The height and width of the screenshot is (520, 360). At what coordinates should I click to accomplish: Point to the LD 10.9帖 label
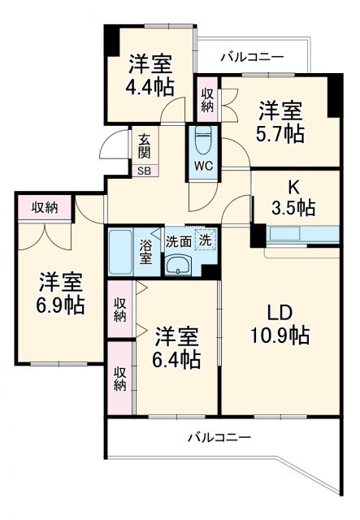point(286,323)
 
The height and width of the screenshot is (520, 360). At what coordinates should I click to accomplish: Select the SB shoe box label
point(143,171)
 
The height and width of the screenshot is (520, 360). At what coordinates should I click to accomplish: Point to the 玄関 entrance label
point(143,146)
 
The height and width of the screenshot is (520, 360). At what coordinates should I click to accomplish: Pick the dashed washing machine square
point(205,240)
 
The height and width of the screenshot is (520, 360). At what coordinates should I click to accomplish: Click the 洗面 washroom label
point(178,240)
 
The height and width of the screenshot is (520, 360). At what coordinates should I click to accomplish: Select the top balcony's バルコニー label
point(252,57)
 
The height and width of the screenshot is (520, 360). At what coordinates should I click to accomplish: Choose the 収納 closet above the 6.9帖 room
point(45,208)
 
